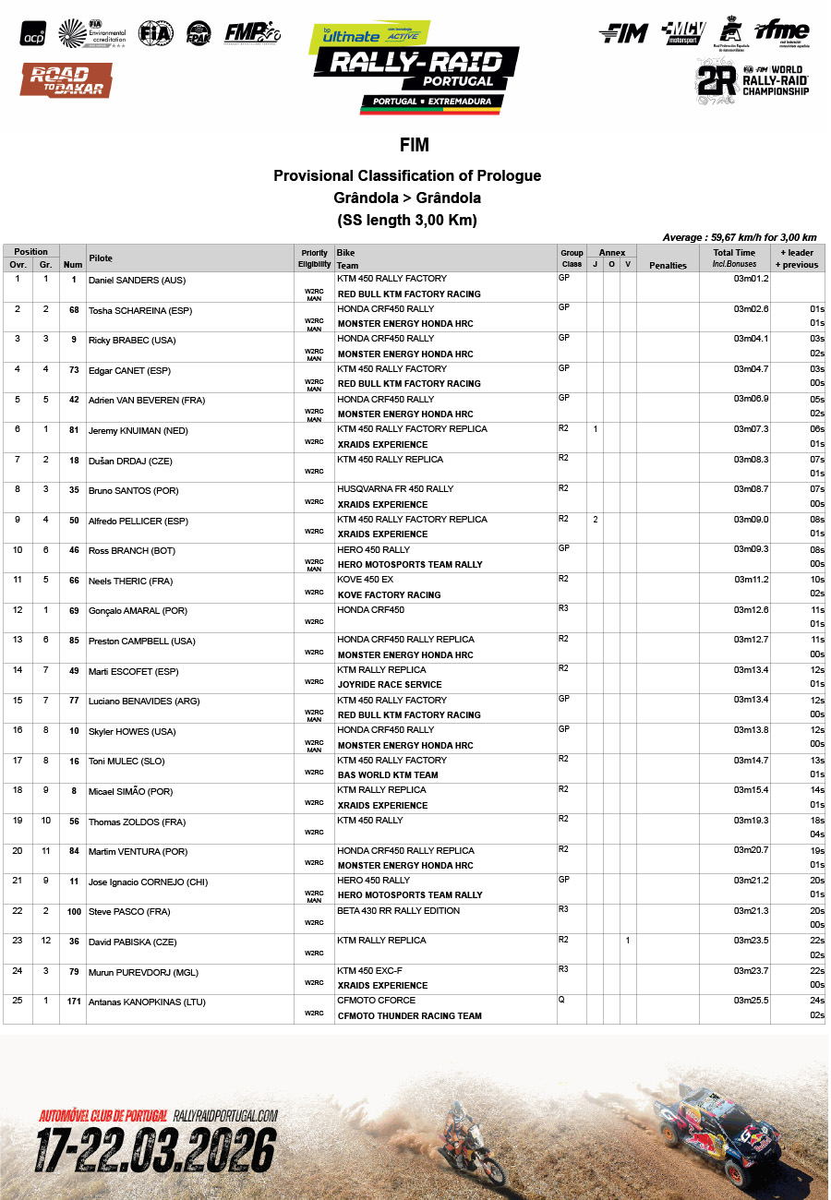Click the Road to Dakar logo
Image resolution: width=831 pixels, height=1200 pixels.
(66, 80)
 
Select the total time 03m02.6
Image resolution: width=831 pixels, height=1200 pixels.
(751, 309)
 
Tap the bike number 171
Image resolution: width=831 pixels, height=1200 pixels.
(73, 1002)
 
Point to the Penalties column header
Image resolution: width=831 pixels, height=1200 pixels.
(668, 265)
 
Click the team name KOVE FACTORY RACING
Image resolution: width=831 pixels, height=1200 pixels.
(389, 594)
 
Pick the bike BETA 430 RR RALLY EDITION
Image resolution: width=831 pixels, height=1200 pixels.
(398, 911)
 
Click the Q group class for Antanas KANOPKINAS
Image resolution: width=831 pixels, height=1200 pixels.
(561, 1000)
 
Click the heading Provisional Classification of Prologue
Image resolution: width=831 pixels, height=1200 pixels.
(407, 175)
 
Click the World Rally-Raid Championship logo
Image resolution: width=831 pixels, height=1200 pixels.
(753, 83)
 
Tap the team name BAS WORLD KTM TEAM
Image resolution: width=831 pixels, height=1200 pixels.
(388, 774)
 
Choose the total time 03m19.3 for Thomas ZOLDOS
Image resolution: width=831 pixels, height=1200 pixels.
(751, 820)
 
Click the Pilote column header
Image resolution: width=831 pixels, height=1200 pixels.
(100, 258)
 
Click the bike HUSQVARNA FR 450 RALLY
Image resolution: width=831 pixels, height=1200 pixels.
(395, 489)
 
